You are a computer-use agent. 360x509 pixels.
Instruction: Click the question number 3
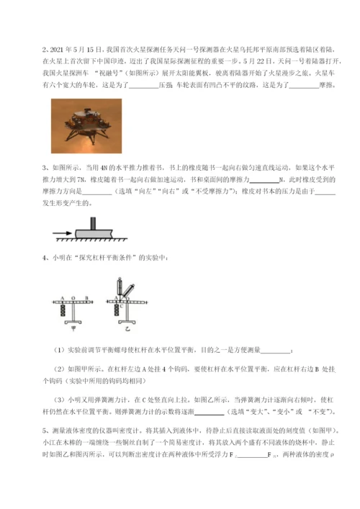45,167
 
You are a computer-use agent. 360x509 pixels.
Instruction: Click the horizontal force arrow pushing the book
63,232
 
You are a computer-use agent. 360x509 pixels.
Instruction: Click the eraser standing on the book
96,221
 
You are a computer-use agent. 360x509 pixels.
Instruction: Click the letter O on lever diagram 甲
73,296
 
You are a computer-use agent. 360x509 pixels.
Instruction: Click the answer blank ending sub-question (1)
274,351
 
